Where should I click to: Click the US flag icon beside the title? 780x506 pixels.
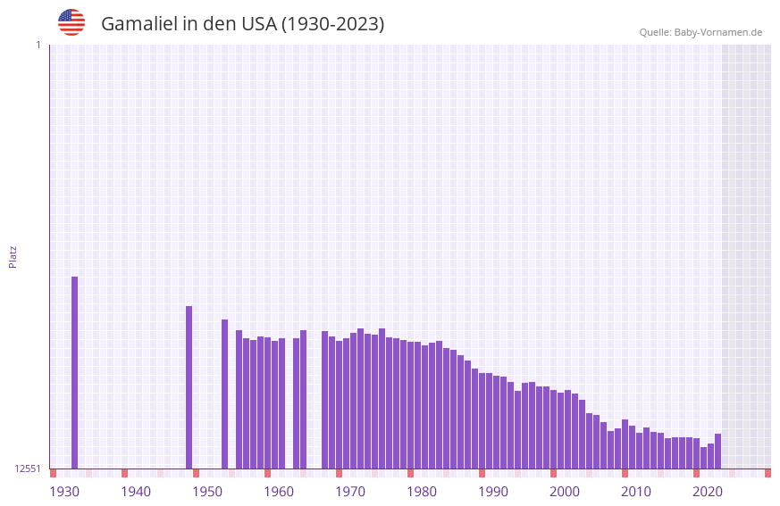click(71, 22)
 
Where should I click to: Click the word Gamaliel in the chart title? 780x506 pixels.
click(138, 24)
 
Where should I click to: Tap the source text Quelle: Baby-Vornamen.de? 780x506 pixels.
click(700, 32)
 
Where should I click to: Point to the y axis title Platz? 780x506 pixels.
click(13, 256)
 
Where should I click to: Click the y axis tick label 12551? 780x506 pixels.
click(28, 469)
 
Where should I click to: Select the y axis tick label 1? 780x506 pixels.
click(38, 45)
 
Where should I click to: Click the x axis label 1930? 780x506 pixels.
click(64, 491)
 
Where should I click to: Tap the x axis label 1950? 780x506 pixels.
click(207, 491)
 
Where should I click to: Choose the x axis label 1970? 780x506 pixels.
click(350, 491)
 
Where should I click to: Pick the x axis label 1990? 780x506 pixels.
click(493, 491)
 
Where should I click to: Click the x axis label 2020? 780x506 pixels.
click(708, 491)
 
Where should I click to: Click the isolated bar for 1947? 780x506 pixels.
click(189, 387)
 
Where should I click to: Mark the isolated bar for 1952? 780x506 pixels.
click(224, 394)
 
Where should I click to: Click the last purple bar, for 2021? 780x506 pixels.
click(717, 452)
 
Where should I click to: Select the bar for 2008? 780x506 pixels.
click(625, 444)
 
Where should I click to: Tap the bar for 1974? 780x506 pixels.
click(382, 398)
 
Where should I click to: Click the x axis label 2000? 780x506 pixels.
click(565, 491)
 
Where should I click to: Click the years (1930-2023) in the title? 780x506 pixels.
click(332, 24)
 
